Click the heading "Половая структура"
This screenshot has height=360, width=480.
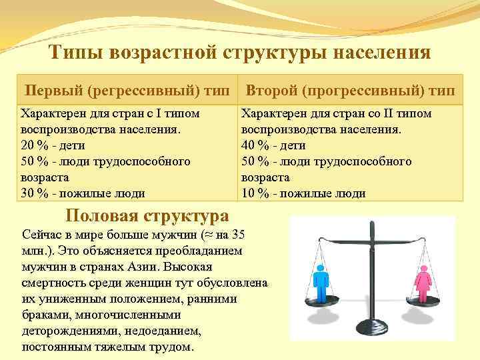(x=147, y=215)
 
